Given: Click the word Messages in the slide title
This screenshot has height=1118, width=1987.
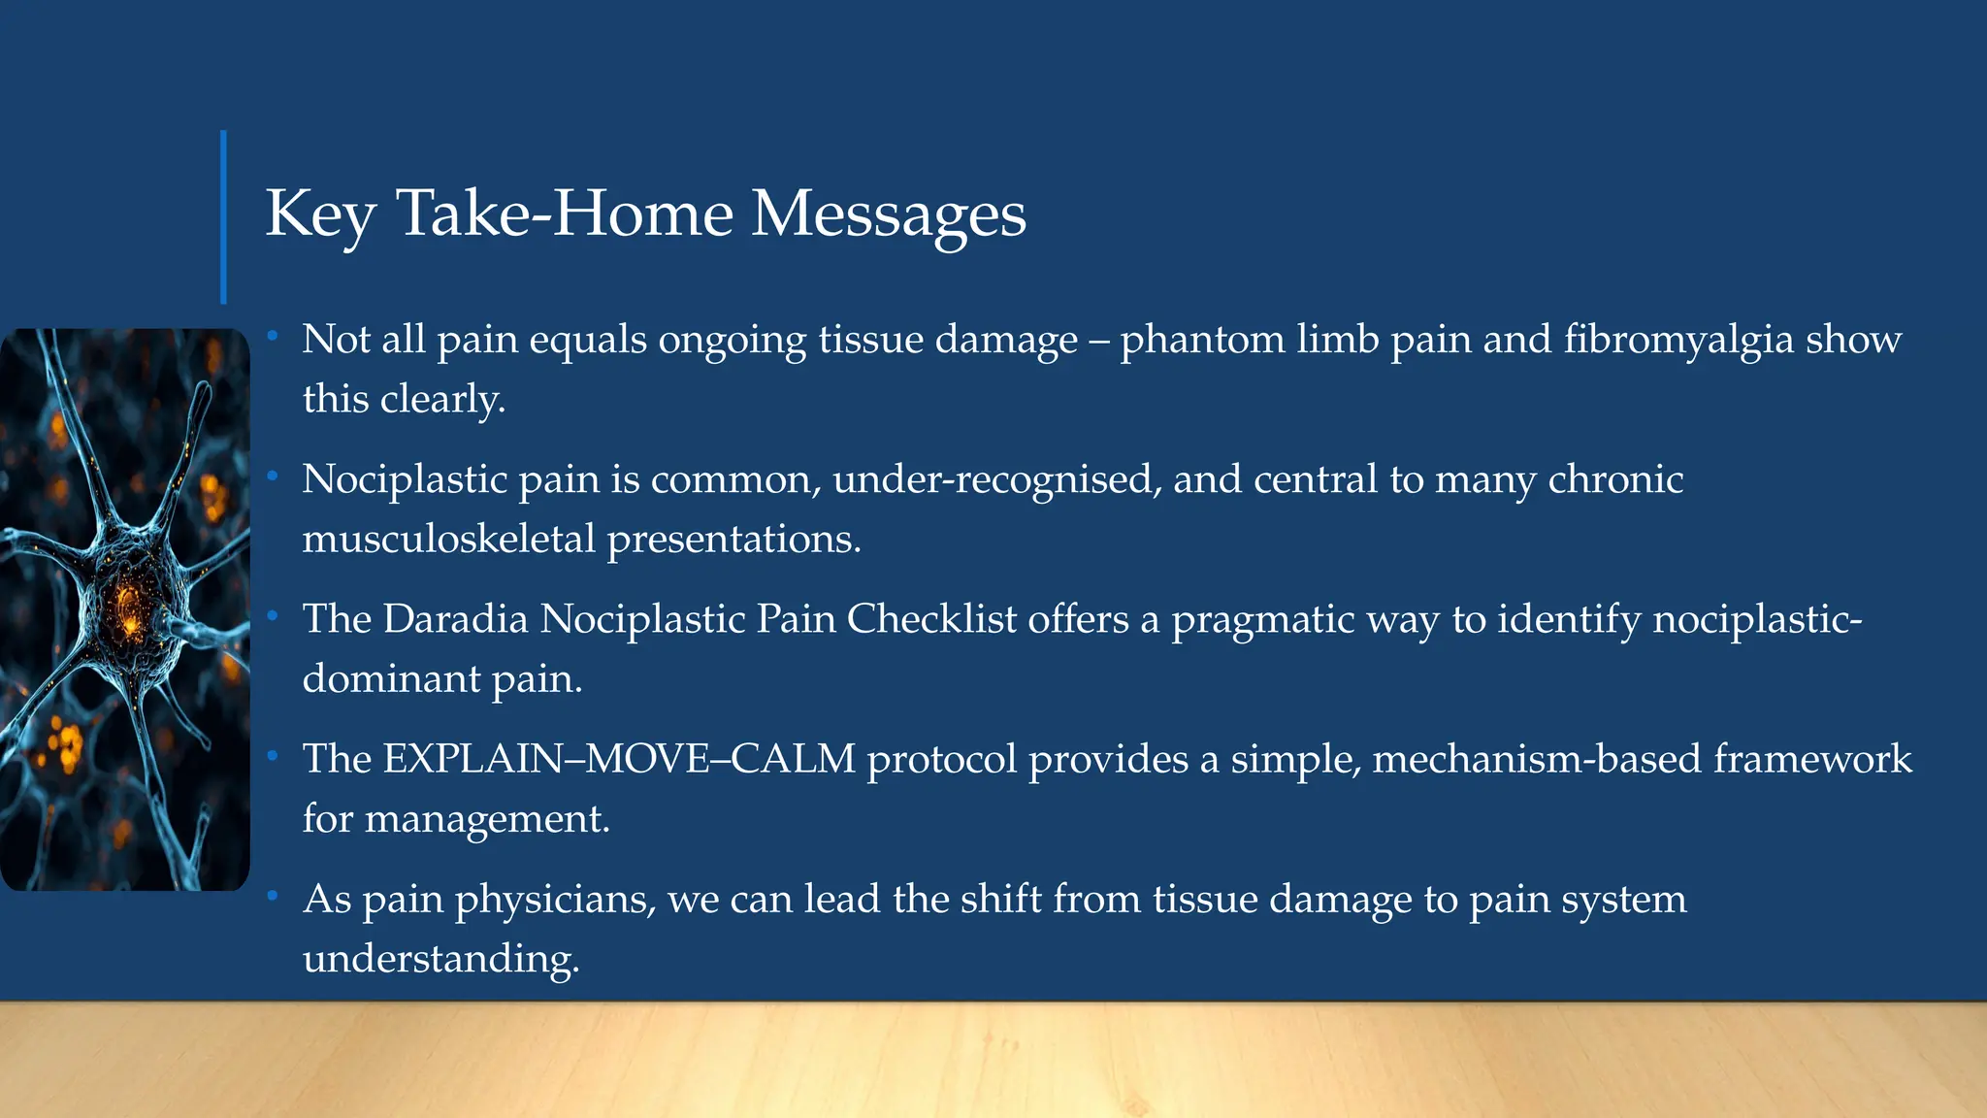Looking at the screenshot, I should [888, 214].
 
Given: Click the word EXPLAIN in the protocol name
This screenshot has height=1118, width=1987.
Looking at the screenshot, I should [472, 759].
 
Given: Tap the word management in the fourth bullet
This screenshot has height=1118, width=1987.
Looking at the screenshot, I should [484, 820].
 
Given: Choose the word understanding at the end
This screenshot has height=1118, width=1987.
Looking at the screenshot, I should [440, 960].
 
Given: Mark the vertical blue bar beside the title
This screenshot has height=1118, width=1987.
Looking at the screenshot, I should [224, 216].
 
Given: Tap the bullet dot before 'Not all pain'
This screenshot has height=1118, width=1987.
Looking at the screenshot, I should [274, 336].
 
